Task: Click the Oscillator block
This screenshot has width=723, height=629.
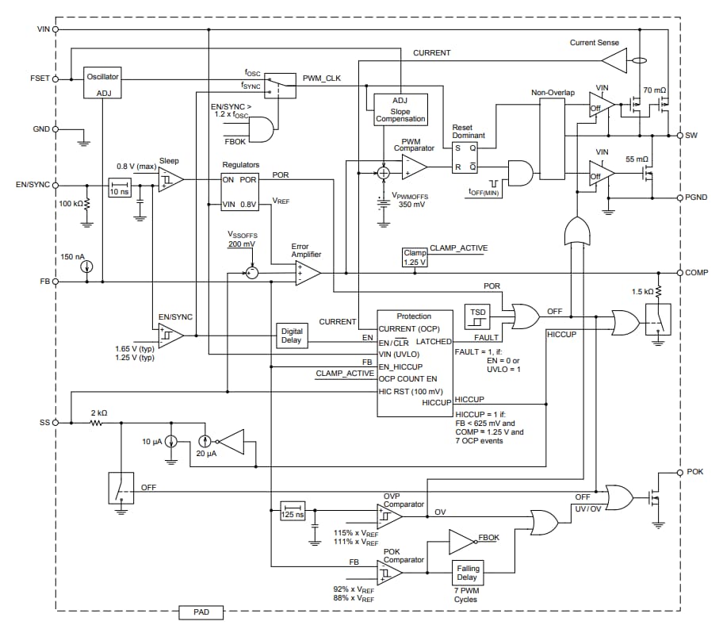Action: [102, 82]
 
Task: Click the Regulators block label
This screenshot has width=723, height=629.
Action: [241, 165]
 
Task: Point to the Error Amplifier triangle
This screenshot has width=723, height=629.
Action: [308, 273]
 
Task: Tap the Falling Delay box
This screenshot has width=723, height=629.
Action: [467, 572]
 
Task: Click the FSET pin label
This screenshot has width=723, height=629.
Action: [38, 79]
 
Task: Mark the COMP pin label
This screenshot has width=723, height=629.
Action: [697, 272]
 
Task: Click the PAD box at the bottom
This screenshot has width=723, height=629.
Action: [200, 612]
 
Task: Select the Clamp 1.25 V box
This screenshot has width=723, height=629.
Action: [415, 257]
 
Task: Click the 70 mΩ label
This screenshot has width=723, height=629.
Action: [655, 90]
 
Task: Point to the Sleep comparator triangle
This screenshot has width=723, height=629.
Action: [170, 180]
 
